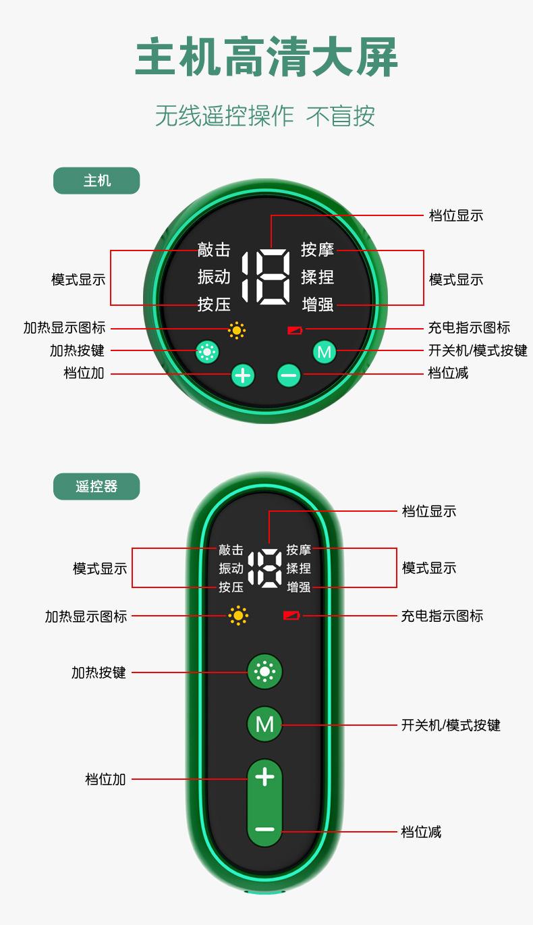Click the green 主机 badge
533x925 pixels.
coord(96,180)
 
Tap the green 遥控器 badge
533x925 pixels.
coord(96,486)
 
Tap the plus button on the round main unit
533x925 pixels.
coord(243,375)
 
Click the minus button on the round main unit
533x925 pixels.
coord(289,375)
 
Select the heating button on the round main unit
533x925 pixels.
coord(206,352)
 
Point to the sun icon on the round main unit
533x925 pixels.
coord(237,330)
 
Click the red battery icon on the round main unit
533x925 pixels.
coord(295,330)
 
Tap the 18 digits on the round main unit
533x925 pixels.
coord(266,277)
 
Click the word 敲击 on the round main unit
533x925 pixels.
coord(214,249)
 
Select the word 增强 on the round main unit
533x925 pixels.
coord(318,305)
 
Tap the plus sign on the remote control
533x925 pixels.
coord(265,776)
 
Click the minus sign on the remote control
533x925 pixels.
coord(265,828)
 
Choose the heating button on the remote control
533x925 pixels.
coord(265,671)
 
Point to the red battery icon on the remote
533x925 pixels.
coord(291,616)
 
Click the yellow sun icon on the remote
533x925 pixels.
coord(238,616)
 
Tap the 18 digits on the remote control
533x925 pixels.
coord(265,569)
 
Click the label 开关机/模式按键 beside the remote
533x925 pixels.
coord(451,725)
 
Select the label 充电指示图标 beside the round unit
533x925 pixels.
coord(470,327)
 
